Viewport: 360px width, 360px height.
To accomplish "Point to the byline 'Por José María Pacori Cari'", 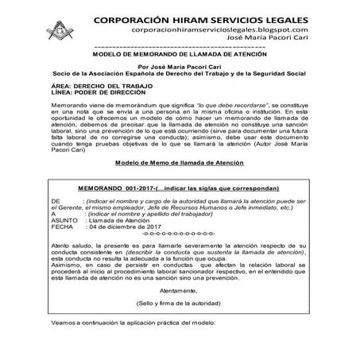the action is tap(179, 70).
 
